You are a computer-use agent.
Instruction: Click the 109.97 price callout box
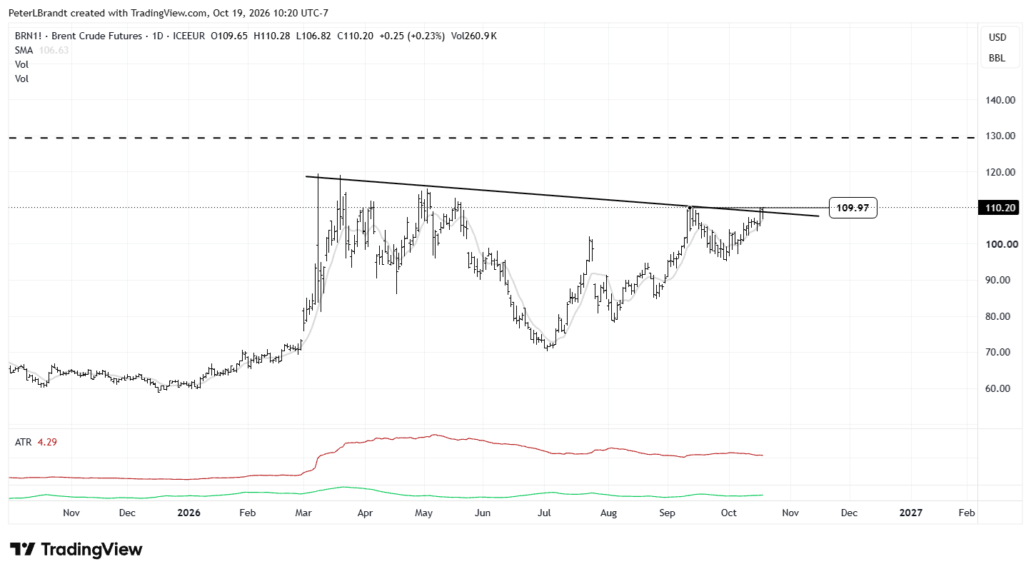pyautogui.click(x=853, y=208)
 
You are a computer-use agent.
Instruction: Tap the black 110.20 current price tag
pyautogui.click(x=1000, y=208)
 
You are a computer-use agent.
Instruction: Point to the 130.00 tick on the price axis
pyautogui.click(x=1000, y=136)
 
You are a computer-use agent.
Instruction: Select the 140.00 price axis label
pyautogui.click(x=1000, y=100)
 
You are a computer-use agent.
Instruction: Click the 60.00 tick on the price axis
pyautogui.click(x=997, y=388)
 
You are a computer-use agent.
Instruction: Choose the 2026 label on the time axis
pyautogui.click(x=188, y=513)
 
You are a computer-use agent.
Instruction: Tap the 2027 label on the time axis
pyautogui.click(x=911, y=513)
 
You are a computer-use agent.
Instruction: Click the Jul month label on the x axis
pyautogui.click(x=544, y=513)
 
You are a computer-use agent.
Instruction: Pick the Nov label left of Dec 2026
pyautogui.click(x=790, y=513)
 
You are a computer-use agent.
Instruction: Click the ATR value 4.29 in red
pyautogui.click(x=47, y=443)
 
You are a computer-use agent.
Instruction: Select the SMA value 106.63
pyautogui.click(x=54, y=50)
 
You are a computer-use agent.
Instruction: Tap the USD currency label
pyautogui.click(x=997, y=37)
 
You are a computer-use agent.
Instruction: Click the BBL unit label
pyautogui.click(x=997, y=58)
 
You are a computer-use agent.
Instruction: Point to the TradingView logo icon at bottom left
pyautogui.click(x=23, y=549)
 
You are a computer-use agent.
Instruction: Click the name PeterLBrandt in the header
pyautogui.click(x=38, y=13)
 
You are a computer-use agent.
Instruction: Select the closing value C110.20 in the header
pyautogui.click(x=355, y=36)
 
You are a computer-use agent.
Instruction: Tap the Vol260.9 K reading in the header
pyautogui.click(x=473, y=36)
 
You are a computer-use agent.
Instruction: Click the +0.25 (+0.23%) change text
pyautogui.click(x=412, y=36)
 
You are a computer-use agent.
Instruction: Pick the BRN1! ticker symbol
pyautogui.click(x=28, y=36)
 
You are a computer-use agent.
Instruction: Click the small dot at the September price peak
pyautogui.click(x=690, y=208)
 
